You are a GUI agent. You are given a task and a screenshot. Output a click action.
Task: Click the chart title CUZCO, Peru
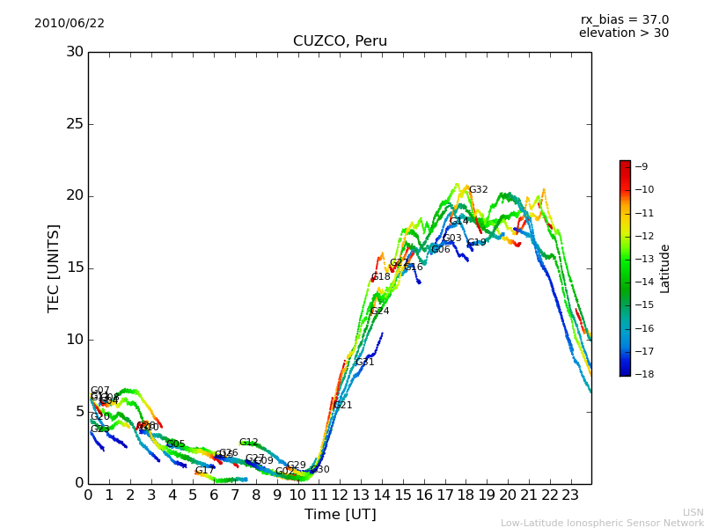point(340,41)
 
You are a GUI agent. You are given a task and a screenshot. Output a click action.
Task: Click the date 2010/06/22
point(70,24)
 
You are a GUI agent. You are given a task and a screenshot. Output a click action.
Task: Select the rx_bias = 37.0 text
point(625,19)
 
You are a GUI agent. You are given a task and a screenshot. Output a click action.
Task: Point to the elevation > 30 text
point(624,33)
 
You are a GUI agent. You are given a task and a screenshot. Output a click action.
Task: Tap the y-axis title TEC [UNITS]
point(55,268)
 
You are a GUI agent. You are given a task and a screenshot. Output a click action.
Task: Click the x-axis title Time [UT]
point(340,515)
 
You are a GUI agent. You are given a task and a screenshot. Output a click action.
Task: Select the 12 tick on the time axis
point(340,495)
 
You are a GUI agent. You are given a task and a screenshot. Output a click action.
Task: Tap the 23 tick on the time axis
point(570,495)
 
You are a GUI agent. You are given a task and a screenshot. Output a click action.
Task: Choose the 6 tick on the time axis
point(214,495)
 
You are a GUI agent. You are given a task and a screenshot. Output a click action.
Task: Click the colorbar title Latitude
point(665,268)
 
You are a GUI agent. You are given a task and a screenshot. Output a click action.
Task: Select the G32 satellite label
point(478,190)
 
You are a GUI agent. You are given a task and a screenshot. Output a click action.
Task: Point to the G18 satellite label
point(381,277)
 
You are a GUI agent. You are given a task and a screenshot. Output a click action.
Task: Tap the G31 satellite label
point(364,363)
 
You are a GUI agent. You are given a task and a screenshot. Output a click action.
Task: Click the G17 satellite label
point(205,471)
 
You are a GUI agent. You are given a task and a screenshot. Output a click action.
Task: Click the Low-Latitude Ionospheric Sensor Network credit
point(602,524)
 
